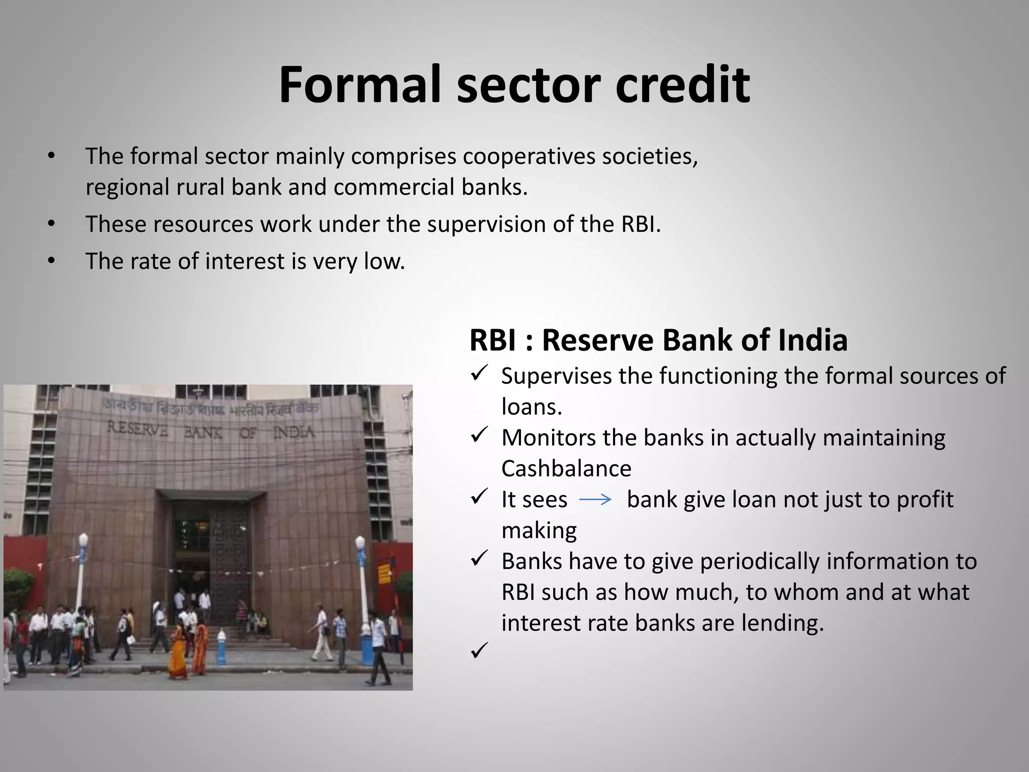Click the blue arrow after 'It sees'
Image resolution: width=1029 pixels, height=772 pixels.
point(595,500)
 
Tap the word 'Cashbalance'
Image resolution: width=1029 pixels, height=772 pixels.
point(566,469)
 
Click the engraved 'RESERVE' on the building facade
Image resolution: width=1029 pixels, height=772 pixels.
point(137,430)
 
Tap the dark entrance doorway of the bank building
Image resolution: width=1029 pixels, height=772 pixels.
point(211,548)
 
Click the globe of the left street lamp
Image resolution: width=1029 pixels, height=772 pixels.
point(83,541)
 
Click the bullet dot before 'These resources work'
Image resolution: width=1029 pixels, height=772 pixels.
point(51,224)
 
